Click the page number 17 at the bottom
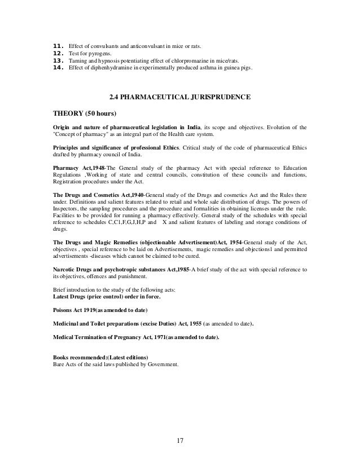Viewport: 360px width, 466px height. pos(180,441)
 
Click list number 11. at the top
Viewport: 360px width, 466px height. pos(57,45)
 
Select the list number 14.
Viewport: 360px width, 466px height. pos(57,69)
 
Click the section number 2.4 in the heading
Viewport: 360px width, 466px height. pos(115,98)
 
